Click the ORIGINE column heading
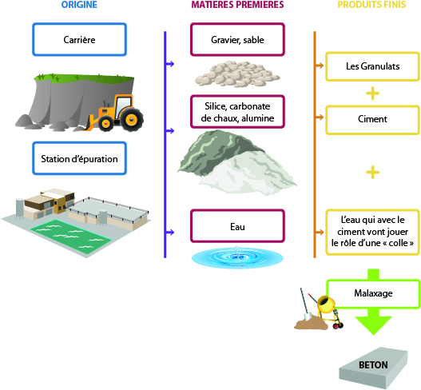[x=79, y=5]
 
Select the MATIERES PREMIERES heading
[x=237, y=5]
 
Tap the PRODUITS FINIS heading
[x=371, y=5]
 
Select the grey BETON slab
[x=374, y=368]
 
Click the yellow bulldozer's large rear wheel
[x=132, y=119]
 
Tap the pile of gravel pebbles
[x=237, y=74]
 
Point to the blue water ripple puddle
[x=237, y=257]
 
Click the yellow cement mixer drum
[x=326, y=304]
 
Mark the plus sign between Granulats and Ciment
[x=373, y=94]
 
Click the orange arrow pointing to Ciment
[x=320, y=117]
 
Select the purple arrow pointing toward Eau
[x=170, y=232]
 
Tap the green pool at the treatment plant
[x=71, y=236]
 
